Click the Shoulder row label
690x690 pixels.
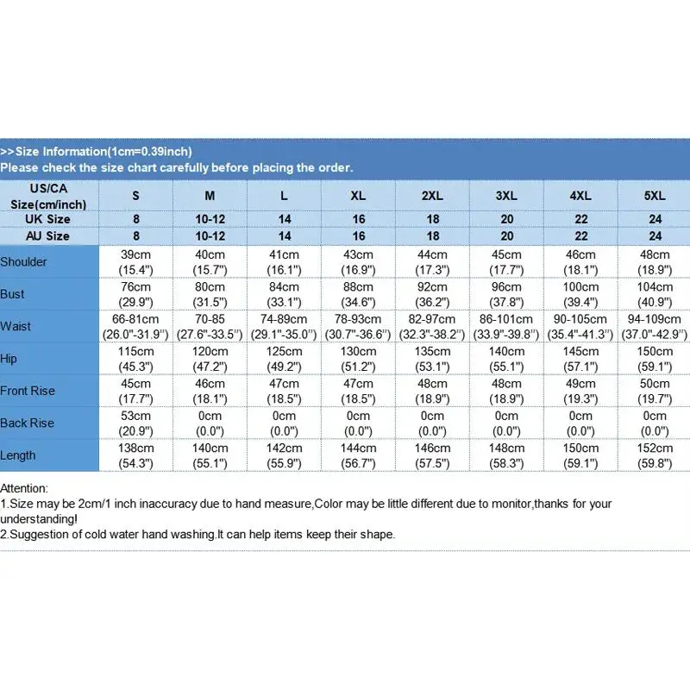coord(24,262)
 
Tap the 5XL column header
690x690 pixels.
coord(655,196)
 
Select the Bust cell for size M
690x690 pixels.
coord(210,294)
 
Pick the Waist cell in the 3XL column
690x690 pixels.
coord(507,326)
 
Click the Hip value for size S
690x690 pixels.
coord(136,358)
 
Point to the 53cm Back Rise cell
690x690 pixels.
coord(136,423)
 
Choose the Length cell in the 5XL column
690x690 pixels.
coord(655,455)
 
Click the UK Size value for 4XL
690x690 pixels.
coord(581,219)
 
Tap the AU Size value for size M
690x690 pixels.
coord(210,235)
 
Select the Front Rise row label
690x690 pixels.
coord(28,391)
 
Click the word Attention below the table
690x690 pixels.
coord(24,488)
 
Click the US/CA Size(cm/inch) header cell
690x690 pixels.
coord(49,196)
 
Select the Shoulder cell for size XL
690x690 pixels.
coord(359,262)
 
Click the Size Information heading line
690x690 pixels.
coord(96,151)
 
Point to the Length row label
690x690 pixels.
coord(18,455)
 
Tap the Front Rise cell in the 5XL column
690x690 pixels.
coord(655,391)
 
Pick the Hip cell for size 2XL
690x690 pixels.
coord(433,358)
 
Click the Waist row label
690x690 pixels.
coord(16,327)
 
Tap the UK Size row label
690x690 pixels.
coord(49,219)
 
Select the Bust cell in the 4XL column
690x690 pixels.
coord(581,294)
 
